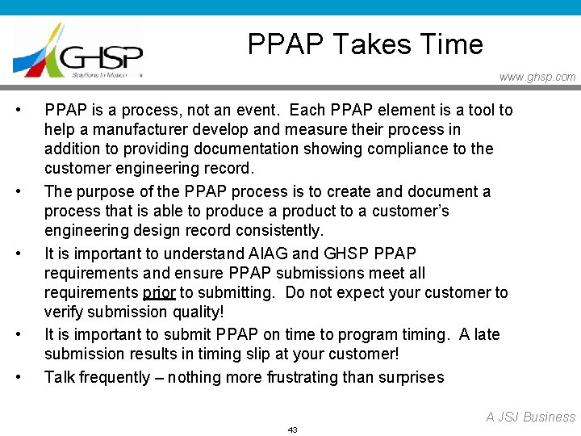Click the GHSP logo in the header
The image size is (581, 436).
point(78,50)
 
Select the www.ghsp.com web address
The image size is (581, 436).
point(537,78)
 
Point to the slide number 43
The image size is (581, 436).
point(292,430)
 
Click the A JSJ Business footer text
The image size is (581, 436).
point(530,417)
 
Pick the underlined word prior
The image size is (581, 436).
point(159,292)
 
